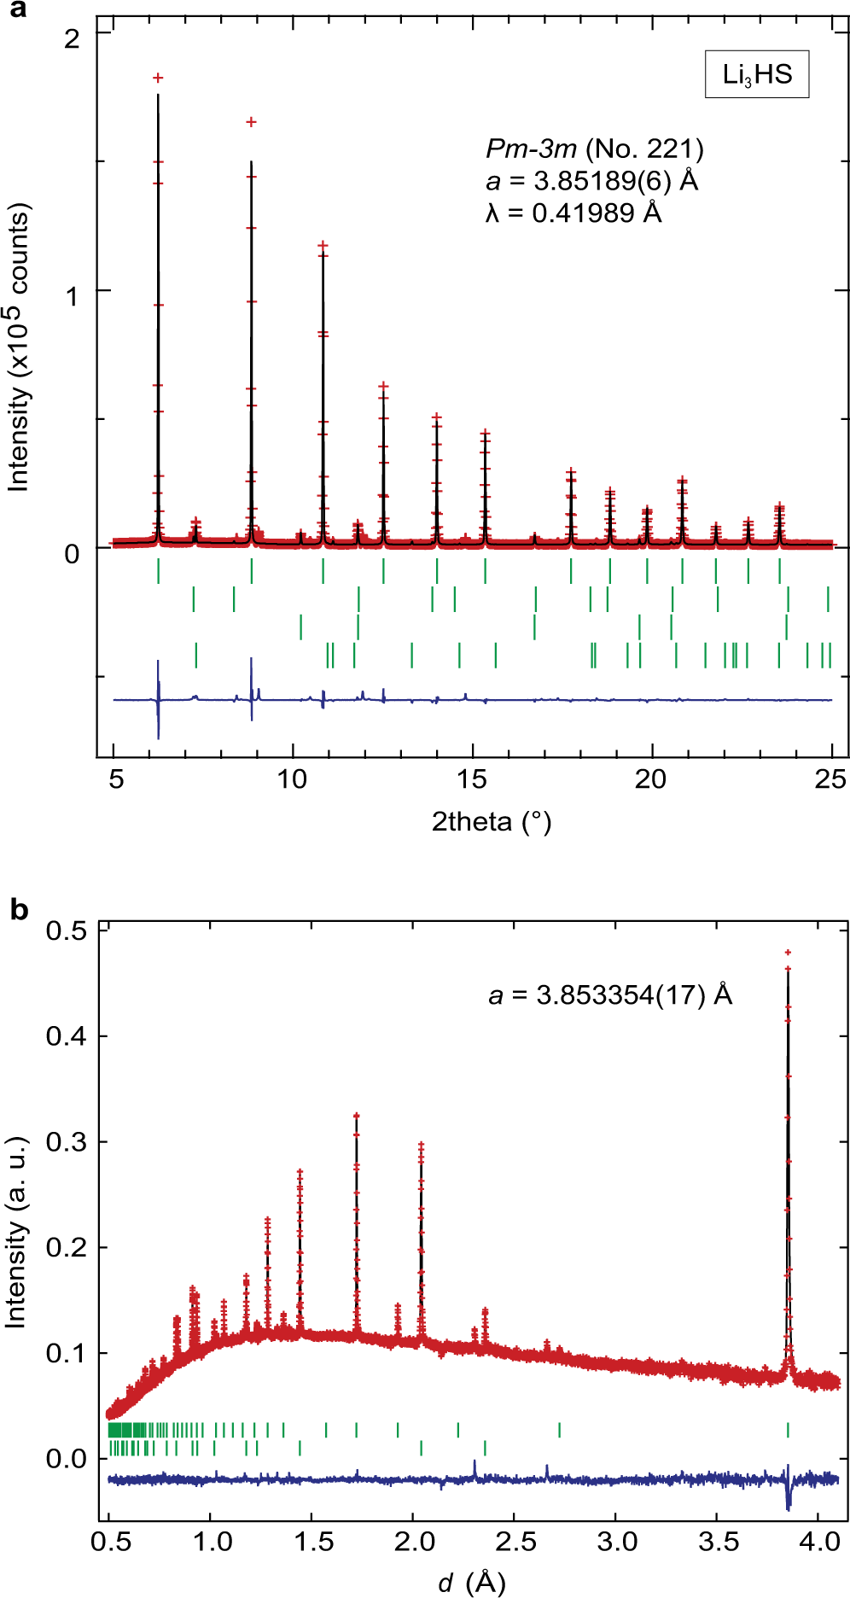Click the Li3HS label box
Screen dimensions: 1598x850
[x=757, y=75]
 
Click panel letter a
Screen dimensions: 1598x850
[x=15, y=9]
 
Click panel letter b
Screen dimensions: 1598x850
[x=19, y=910]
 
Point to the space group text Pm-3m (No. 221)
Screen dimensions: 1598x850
[x=594, y=149]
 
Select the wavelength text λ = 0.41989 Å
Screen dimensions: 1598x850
[x=573, y=213]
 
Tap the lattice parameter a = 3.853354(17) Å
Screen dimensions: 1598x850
[x=610, y=994]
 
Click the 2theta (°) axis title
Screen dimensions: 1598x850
[x=492, y=821]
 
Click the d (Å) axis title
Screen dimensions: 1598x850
[x=472, y=1583]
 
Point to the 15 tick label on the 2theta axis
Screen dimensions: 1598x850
[x=472, y=779]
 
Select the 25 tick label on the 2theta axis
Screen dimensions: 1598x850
[x=830, y=779]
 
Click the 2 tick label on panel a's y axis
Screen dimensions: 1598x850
[x=72, y=38]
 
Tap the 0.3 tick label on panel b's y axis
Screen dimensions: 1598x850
[x=67, y=1141]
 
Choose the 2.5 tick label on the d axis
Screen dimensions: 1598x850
[x=515, y=1542]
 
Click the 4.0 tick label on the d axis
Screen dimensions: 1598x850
[x=818, y=1542]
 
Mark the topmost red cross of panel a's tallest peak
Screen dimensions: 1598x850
[x=158, y=78]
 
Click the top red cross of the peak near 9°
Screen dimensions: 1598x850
[x=251, y=122]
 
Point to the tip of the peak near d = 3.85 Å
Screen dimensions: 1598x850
[x=788, y=952]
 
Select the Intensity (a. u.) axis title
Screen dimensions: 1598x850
[x=15, y=1232]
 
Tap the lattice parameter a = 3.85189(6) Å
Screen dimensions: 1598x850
[x=591, y=181]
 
